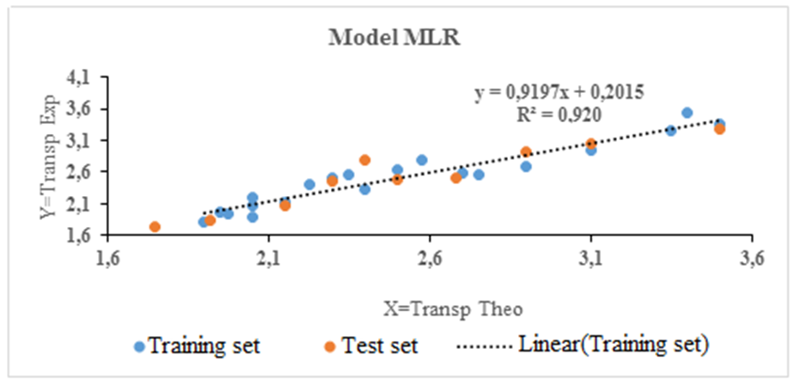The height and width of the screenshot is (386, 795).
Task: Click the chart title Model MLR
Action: tap(397, 39)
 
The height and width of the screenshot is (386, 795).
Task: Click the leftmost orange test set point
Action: tap(155, 227)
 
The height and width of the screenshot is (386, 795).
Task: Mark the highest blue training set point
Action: tap(687, 113)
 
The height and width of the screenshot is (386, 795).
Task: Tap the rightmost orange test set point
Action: tap(719, 129)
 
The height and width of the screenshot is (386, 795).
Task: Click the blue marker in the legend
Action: tap(139, 346)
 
